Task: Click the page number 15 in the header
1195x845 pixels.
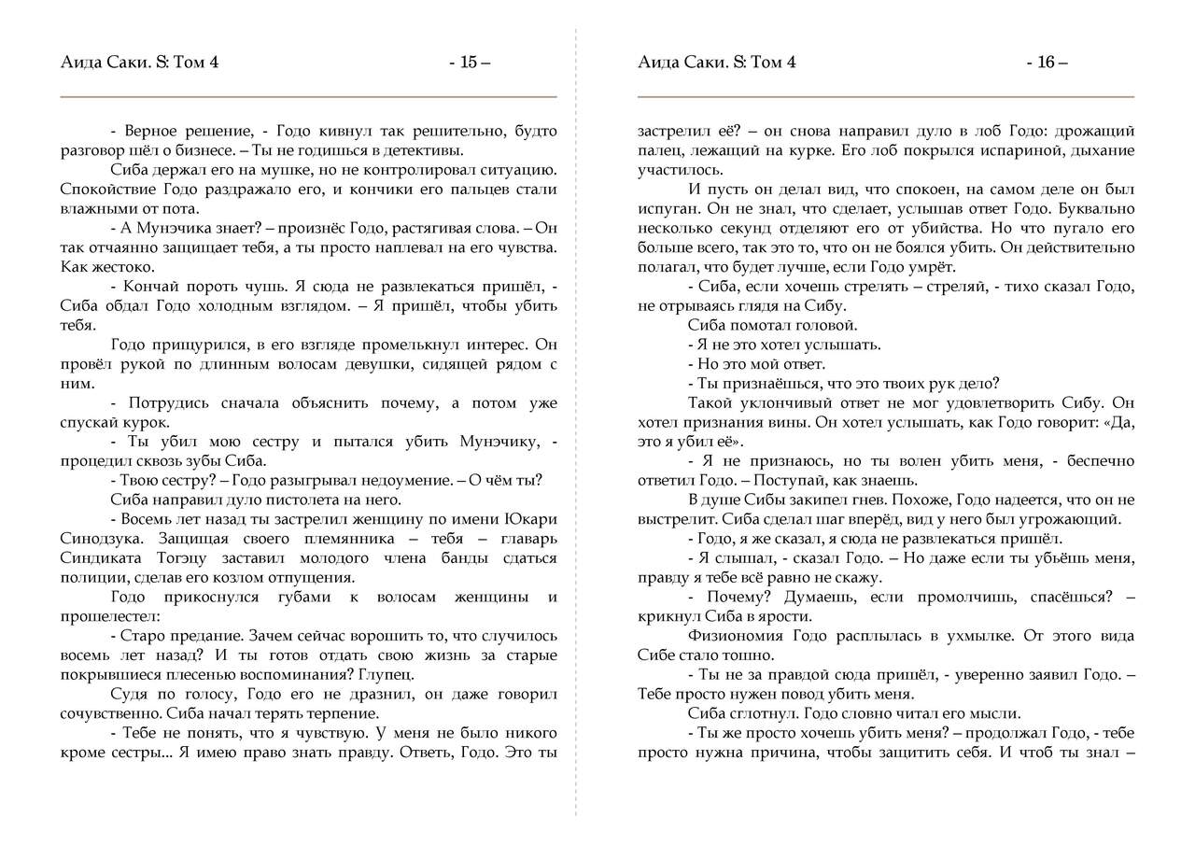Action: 469,63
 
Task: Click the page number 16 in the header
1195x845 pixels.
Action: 1046,63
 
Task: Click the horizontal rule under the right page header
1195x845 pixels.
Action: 885,97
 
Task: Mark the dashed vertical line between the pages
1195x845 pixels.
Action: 576,420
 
